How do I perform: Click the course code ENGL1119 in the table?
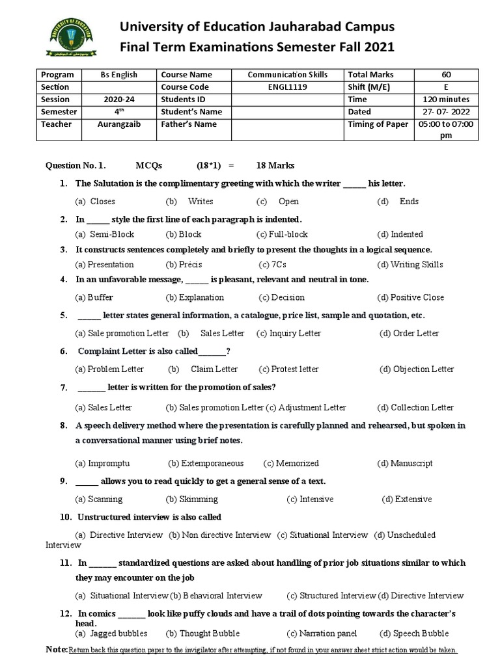[x=287, y=87]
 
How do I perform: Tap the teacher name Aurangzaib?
[x=118, y=124]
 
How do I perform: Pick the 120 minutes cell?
[x=445, y=100]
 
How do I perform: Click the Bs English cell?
[x=118, y=75]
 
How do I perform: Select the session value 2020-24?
[x=118, y=100]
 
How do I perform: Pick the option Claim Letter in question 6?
[x=214, y=369]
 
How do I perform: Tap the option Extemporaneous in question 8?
[x=206, y=463]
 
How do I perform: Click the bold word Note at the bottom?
[x=57, y=650]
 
